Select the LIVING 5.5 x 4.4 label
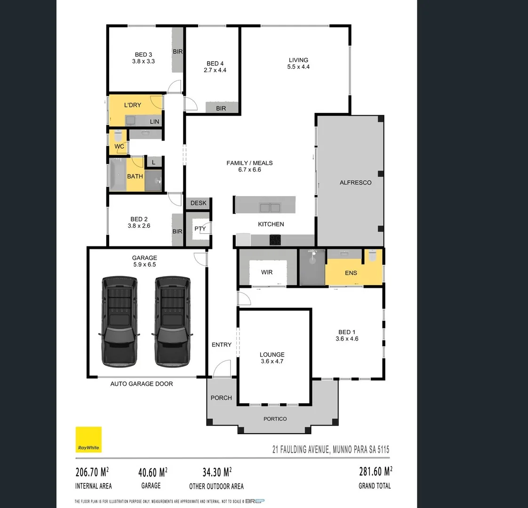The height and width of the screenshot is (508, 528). tap(298, 63)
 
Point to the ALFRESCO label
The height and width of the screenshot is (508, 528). tap(355, 183)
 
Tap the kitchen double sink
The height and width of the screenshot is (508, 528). tap(270, 207)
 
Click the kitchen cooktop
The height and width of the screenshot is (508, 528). tap(275, 240)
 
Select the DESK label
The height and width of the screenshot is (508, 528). tap(199, 203)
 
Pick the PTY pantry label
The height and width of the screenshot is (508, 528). tap(200, 229)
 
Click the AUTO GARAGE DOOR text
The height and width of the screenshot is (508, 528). tap(142, 384)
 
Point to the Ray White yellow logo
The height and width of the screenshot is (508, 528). tap(89, 439)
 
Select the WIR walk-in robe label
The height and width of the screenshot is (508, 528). tap(267, 272)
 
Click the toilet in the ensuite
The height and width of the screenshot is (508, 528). tap(373, 256)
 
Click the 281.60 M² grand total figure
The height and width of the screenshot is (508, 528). tap(375, 471)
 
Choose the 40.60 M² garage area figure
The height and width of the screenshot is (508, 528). tap(152, 471)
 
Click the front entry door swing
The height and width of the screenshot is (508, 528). tap(222, 368)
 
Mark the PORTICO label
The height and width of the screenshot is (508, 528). tap(275, 419)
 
